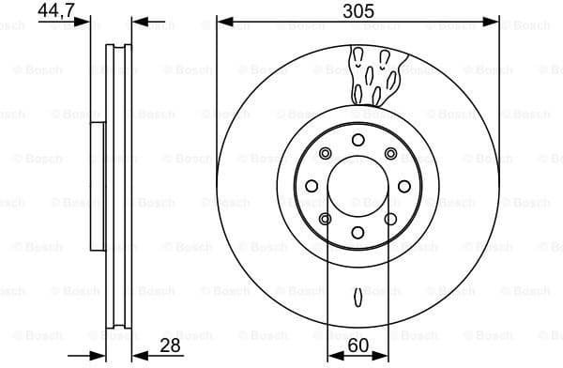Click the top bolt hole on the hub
coord(358,140)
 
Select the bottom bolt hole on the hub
coord(358,233)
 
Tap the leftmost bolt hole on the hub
coord(311,186)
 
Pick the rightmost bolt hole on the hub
coord(404,186)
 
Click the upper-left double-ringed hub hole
coord(325,153)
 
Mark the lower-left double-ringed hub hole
coord(325,219)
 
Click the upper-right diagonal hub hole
coord(390,153)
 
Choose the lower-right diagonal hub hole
coord(390,219)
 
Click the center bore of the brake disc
coord(358,186)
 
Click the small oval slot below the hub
coord(358,299)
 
